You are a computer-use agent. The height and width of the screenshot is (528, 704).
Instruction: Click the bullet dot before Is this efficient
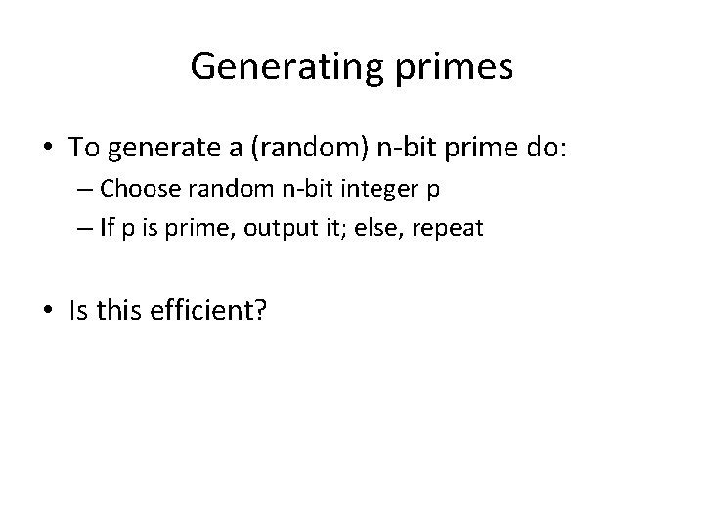pyautogui.click(x=48, y=311)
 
